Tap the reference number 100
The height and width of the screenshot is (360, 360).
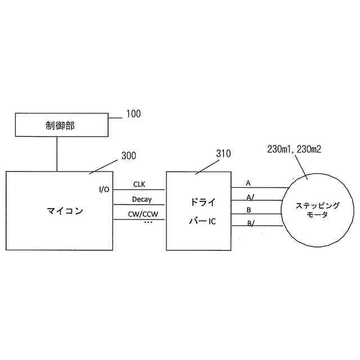(133, 114)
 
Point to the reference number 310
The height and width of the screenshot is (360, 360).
(223, 153)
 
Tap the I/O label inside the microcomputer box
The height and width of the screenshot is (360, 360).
(104, 189)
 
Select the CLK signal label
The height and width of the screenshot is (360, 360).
(139, 184)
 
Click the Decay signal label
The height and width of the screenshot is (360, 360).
(142, 199)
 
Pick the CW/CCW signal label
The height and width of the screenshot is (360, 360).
(143, 214)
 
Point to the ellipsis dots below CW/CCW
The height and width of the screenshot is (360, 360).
(148, 223)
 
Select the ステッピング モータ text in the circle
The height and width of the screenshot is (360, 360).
(310, 210)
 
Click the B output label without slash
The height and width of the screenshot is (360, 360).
(249, 210)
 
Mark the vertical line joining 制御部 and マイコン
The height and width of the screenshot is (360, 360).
(57, 154)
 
